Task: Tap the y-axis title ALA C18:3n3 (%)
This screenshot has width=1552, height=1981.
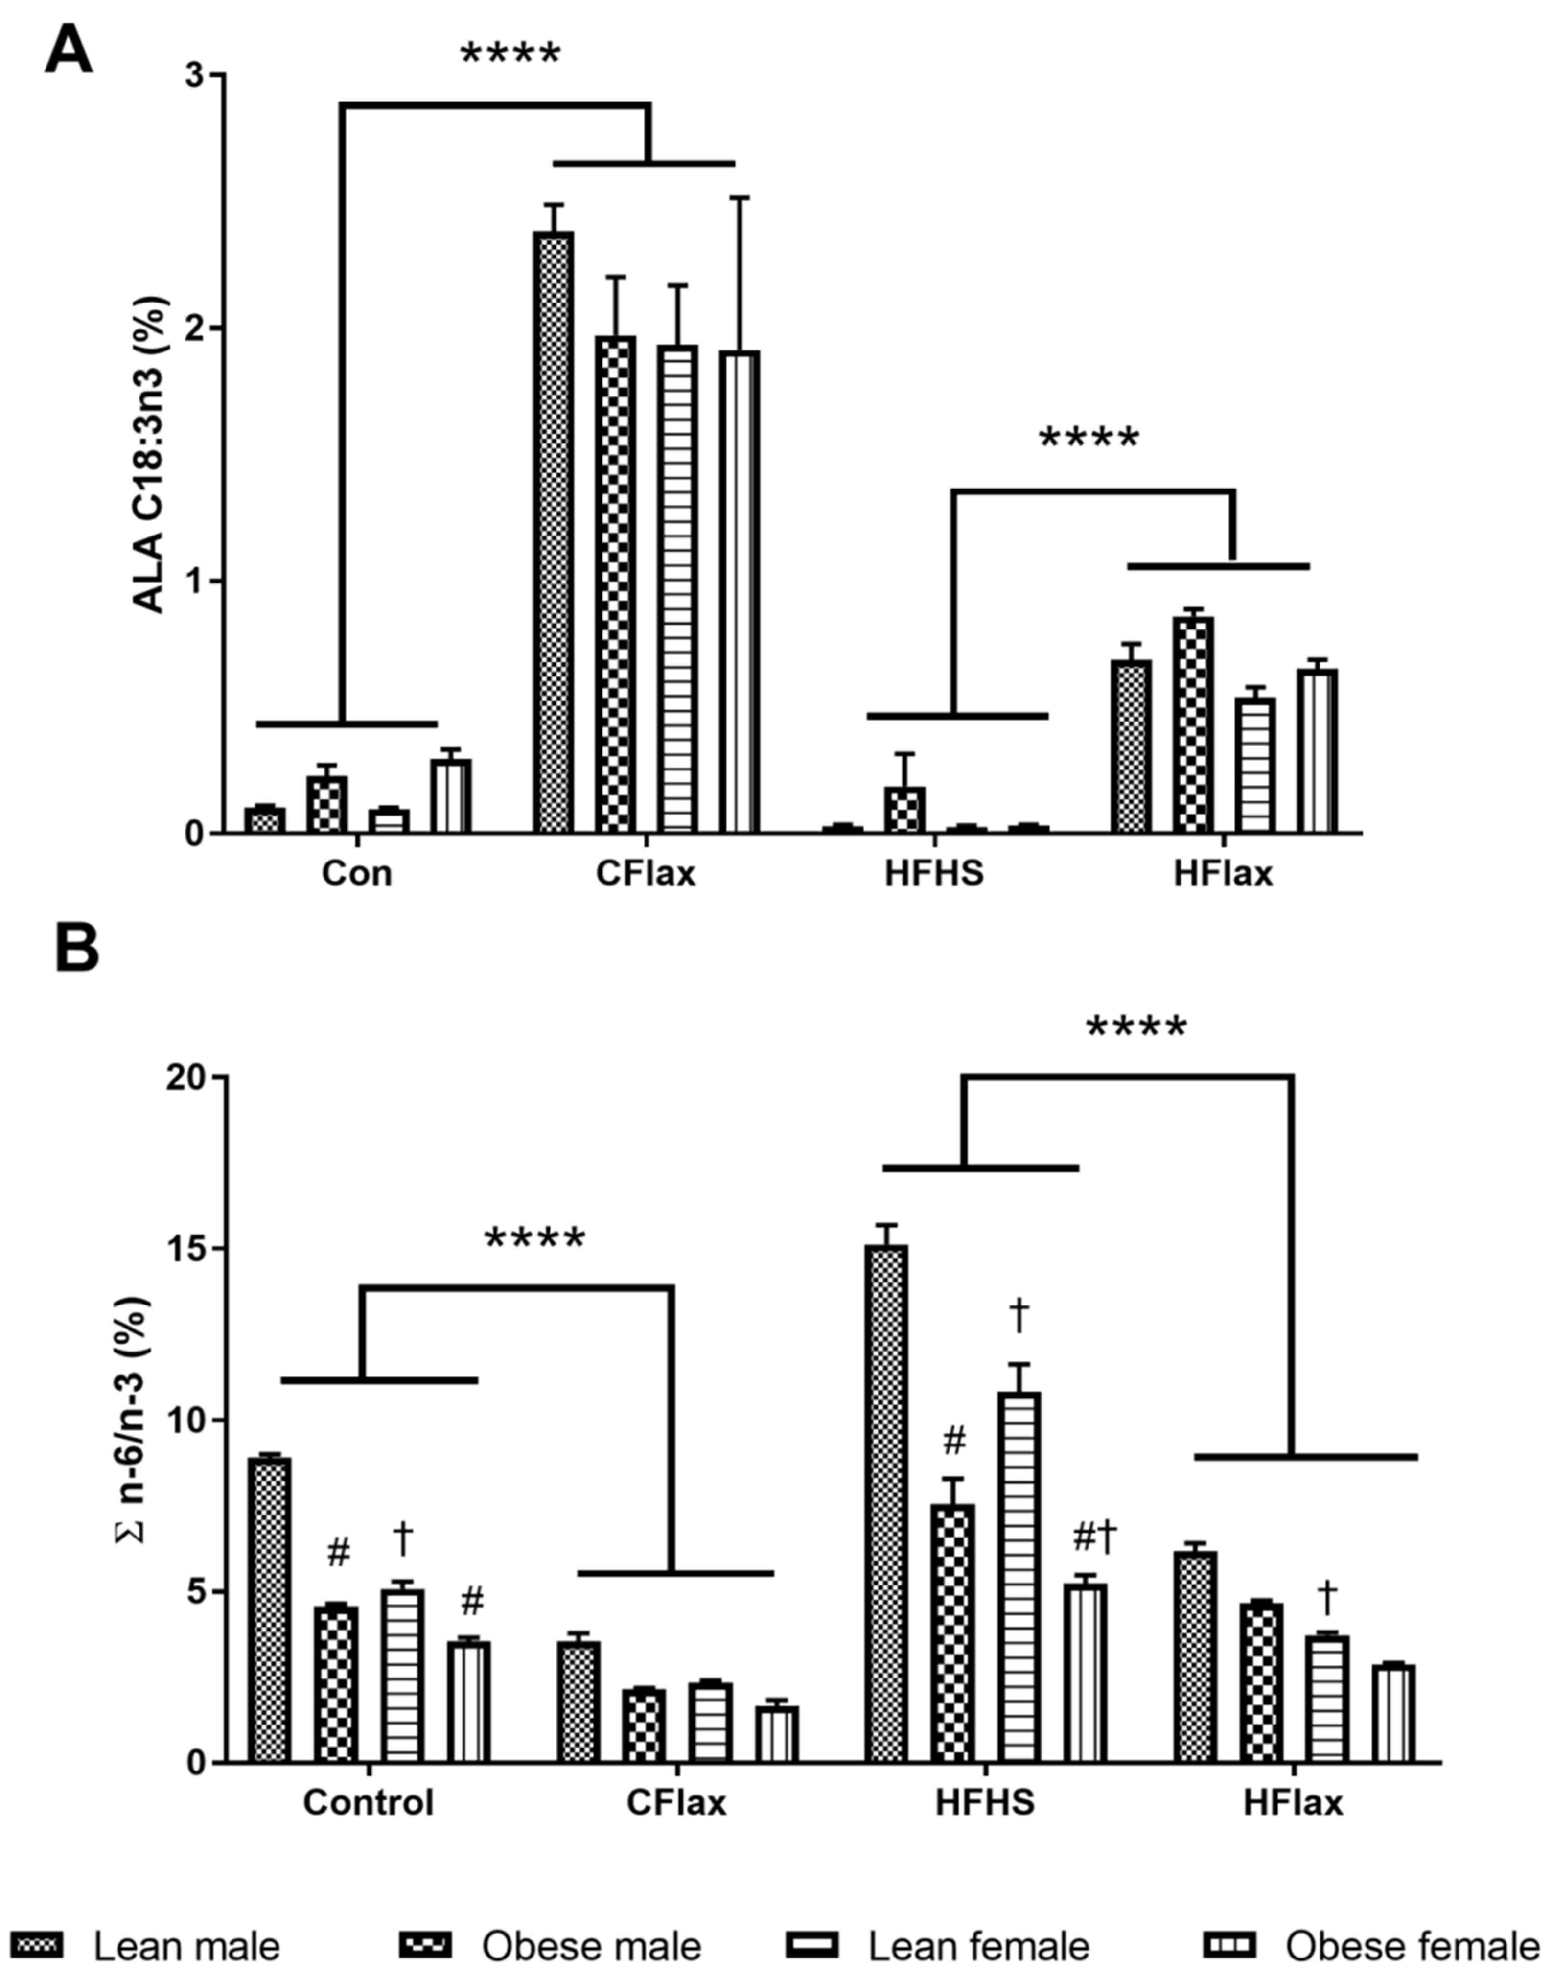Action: click(x=150, y=454)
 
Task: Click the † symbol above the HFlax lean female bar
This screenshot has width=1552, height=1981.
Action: click(x=1327, y=1592)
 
